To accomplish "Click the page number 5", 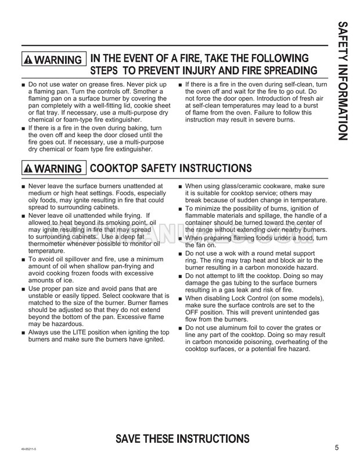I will click(337, 447).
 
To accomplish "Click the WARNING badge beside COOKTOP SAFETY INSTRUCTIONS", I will click(52, 169).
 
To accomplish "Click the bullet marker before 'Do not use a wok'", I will click(181, 254).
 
